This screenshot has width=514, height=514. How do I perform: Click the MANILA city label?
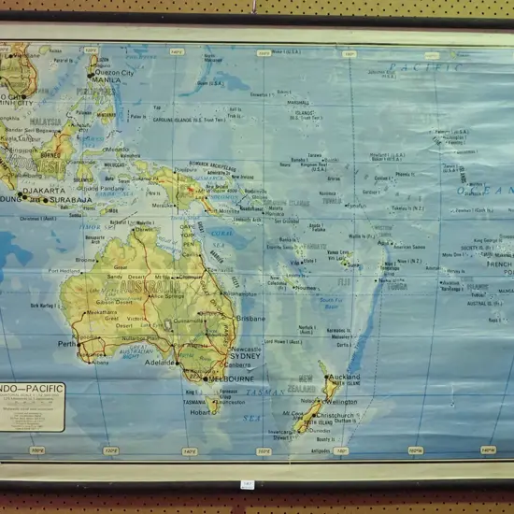pyautogui.click(x=107, y=80)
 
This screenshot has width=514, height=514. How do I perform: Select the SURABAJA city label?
pyautogui.click(x=73, y=199)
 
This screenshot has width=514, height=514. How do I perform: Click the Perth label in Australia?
pyautogui.click(x=67, y=344)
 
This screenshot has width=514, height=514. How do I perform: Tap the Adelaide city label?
pyautogui.click(x=161, y=362)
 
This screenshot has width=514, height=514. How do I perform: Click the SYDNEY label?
pyautogui.click(x=245, y=356)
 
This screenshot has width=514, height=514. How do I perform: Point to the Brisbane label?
pyautogui.click(x=250, y=319)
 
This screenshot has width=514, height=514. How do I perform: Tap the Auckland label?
pyautogui.click(x=345, y=377)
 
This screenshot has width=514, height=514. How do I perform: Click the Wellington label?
pyautogui.click(x=341, y=402)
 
